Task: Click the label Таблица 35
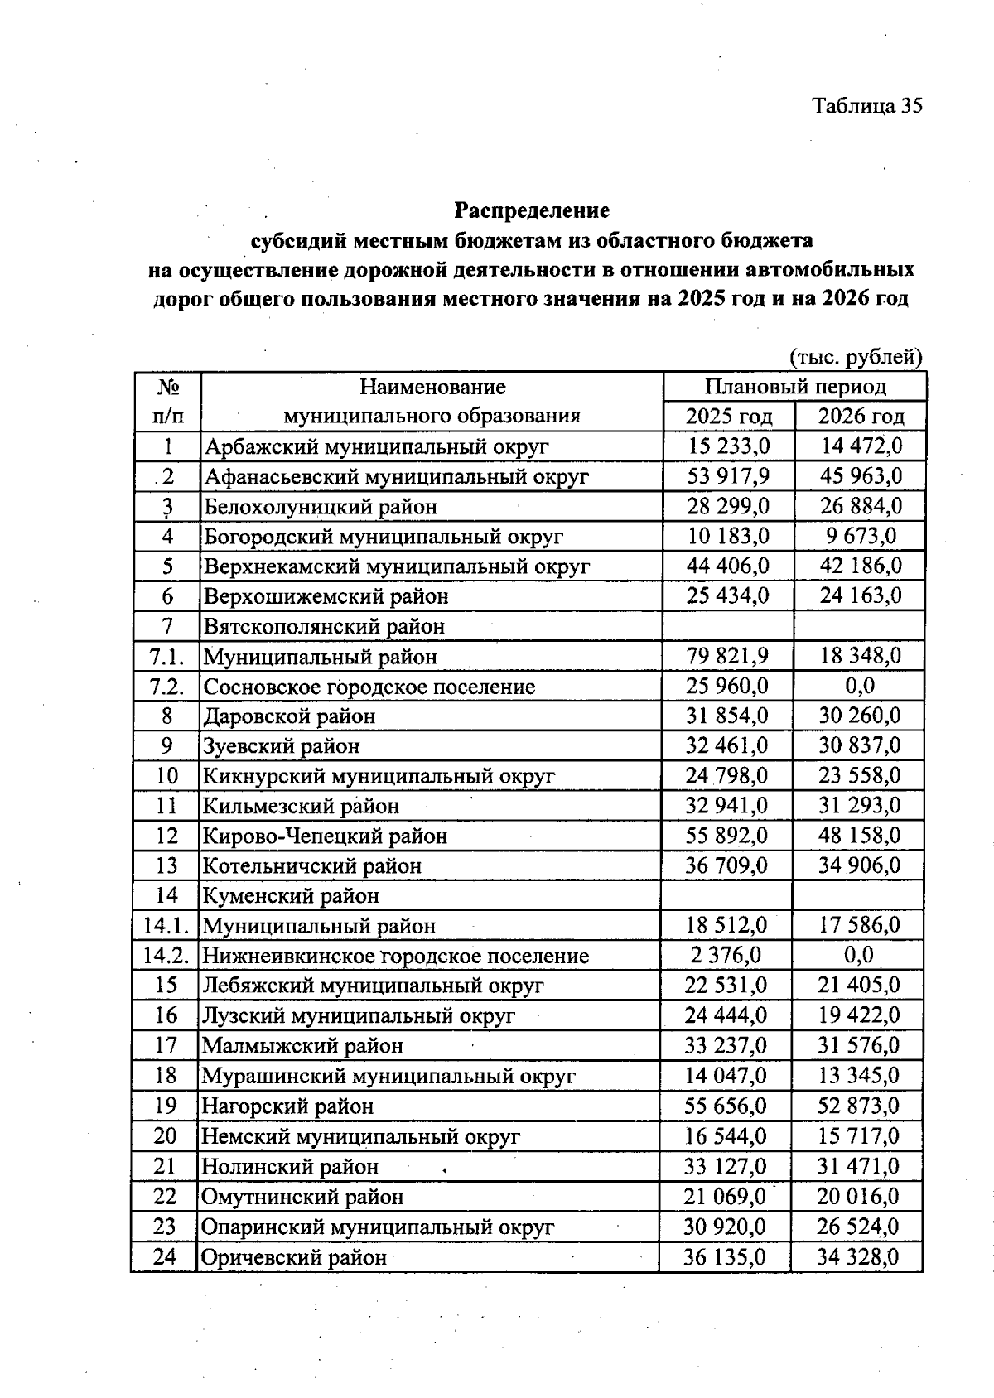coord(866,106)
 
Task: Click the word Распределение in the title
coord(532,210)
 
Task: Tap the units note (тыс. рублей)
coord(856,357)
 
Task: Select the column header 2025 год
coord(729,416)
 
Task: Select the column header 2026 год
coord(861,416)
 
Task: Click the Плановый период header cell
coord(795,387)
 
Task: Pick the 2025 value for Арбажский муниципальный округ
coord(729,446)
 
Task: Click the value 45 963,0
coord(861,476)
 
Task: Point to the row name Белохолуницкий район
coord(321,507)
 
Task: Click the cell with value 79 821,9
coord(727,656)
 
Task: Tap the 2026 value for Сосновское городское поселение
coord(859,686)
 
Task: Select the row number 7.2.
coord(166,687)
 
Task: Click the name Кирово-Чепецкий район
coord(326,836)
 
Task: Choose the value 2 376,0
coord(726,955)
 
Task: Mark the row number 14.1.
coord(166,926)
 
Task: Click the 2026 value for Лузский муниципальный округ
coord(858,1015)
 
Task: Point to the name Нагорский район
coord(287,1106)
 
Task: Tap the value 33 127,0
coord(726,1166)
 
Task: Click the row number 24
coord(165,1257)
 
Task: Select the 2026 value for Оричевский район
coord(857,1257)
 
